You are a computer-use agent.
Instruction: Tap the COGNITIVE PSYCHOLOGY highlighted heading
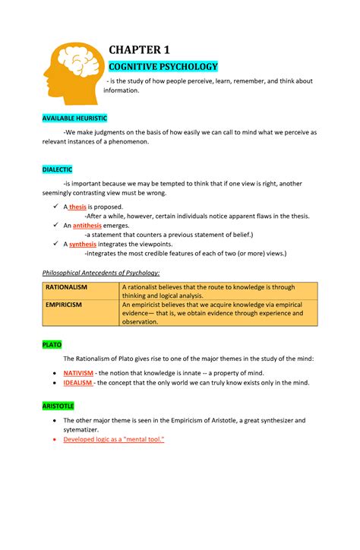click(164, 67)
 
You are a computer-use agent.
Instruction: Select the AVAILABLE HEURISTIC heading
click(74, 119)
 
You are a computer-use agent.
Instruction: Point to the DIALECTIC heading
click(57, 169)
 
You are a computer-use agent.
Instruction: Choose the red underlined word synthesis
click(83, 245)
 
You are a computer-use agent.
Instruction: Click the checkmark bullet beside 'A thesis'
click(56, 207)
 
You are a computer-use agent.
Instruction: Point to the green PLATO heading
click(52, 344)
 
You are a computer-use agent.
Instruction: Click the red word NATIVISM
click(79, 374)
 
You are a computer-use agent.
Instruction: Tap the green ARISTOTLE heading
click(58, 406)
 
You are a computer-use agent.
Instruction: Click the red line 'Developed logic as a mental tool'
click(114, 440)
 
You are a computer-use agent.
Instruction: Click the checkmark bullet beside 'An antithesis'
click(56, 226)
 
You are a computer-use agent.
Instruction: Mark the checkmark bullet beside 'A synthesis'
click(56, 245)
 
